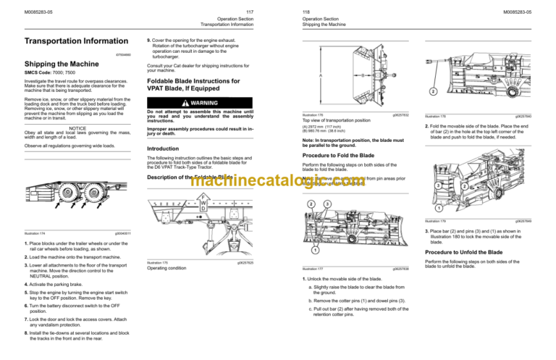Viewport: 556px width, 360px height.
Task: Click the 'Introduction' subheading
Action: pyautogui.click(x=167, y=148)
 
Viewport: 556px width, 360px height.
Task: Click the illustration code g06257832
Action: pyautogui.click(x=400, y=114)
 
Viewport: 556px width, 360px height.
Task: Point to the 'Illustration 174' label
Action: pyautogui.click(x=35, y=233)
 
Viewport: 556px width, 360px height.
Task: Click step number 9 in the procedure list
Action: pyautogui.click(x=148, y=41)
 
